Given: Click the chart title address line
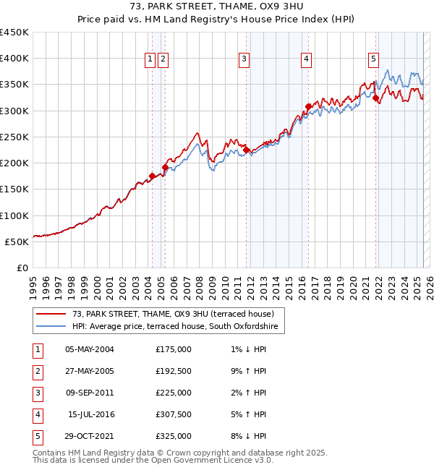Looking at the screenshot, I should coord(216,7).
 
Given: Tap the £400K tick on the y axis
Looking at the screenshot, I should coord(14,59).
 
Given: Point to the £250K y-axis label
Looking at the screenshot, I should coord(14,137).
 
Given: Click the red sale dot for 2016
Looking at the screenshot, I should coord(308,106).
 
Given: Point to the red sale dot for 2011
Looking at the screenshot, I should coord(246,150).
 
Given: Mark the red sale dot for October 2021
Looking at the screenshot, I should coord(375,98).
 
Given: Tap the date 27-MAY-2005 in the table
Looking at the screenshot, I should coord(90,371).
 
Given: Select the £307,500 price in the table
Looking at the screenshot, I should coord(173,414).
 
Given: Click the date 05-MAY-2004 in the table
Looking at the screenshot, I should coord(90,349).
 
